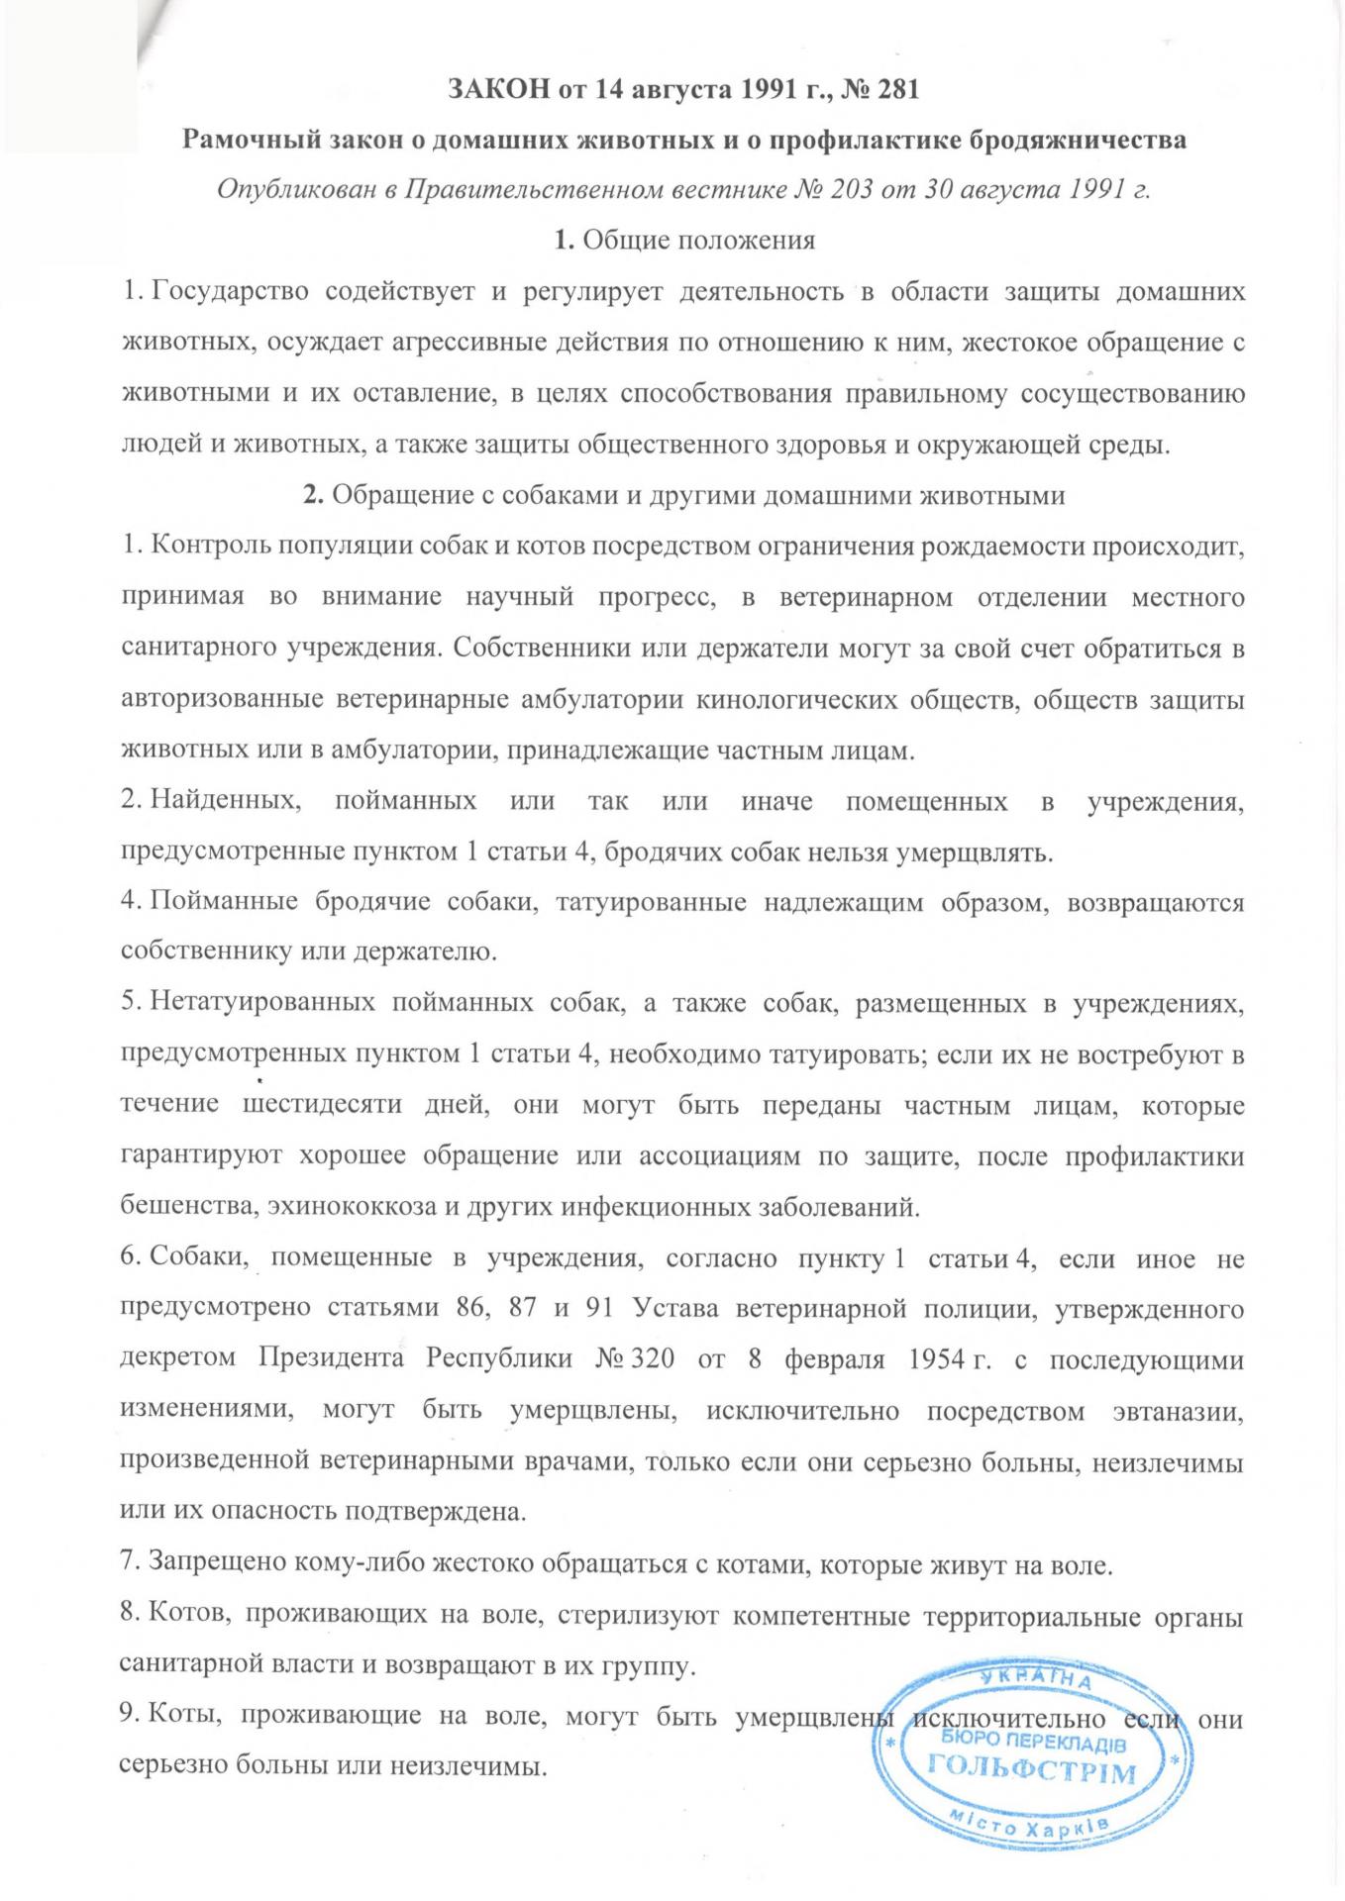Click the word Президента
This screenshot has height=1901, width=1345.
click(x=331, y=1358)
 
